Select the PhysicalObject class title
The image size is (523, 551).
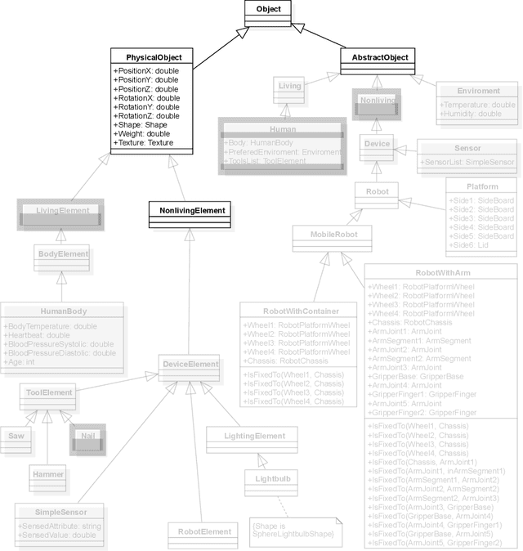click(x=153, y=58)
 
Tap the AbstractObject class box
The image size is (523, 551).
click(x=378, y=57)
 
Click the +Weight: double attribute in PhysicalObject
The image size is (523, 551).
click(x=141, y=133)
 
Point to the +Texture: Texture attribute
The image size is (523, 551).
click(x=144, y=143)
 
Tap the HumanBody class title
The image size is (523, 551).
click(x=63, y=311)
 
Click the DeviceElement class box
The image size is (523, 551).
click(x=190, y=364)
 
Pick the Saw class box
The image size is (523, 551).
click(x=16, y=436)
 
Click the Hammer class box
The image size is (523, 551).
click(x=48, y=473)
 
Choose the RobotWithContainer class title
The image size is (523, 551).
click(x=299, y=311)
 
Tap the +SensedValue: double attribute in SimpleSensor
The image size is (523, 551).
click(x=56, y=535)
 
